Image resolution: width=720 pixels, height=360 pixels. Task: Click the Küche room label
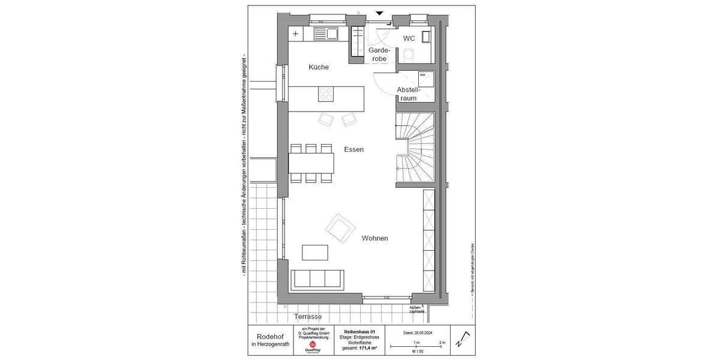point(319,67)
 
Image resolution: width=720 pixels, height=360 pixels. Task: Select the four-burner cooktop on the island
point(326,94)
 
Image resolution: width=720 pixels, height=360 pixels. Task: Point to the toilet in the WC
point(410,55)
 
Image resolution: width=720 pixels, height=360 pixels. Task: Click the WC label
point(409,38)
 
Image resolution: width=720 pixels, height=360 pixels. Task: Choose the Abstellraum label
point(409,94)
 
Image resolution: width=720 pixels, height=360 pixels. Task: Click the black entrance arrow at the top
point(380,13)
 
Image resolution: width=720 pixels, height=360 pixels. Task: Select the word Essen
point(354,149)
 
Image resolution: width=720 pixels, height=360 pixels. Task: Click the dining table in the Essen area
point(311,163)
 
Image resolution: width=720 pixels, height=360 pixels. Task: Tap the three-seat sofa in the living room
point(317,279)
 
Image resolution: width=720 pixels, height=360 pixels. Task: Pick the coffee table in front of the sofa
point(315,252)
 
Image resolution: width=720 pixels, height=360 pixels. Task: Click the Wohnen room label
point(374,238)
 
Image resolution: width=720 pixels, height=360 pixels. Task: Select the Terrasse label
point(308,316)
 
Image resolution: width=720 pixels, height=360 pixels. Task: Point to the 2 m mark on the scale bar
point(442,342)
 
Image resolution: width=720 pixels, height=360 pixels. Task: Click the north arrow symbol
point(460,340)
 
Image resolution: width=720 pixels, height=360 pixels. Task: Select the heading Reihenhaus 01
point(359,331)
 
